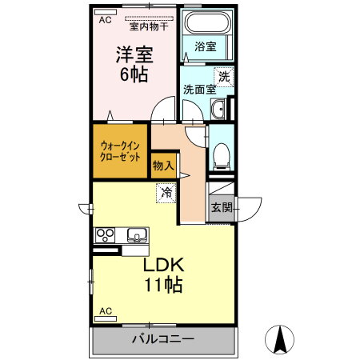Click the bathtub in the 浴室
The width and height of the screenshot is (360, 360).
207,22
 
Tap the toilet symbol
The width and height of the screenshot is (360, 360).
222,157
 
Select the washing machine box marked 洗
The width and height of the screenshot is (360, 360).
224,77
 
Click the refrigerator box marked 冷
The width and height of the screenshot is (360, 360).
166,193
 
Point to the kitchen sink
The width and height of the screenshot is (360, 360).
137,235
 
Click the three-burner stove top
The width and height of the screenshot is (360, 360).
105,235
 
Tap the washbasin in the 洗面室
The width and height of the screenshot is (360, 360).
218,109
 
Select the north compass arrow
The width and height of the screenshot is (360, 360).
279,339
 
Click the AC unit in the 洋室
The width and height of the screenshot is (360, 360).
106,12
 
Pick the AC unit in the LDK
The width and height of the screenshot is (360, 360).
106,318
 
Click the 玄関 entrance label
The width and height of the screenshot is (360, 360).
222,207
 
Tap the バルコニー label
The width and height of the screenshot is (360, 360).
163,339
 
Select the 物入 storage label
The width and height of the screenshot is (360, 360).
163,166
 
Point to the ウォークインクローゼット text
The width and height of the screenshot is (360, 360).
120,151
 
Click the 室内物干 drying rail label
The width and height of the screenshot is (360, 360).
149,26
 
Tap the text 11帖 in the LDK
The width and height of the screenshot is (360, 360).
163,285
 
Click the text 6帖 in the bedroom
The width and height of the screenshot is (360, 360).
134,74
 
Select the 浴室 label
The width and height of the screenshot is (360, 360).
206,46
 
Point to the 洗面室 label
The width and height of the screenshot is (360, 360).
199,90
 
